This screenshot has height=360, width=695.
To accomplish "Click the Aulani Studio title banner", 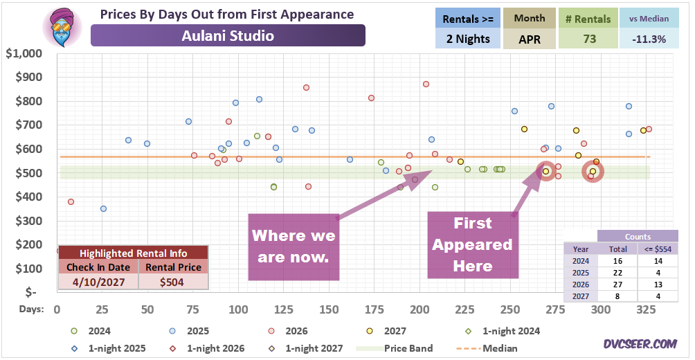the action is (228, 35).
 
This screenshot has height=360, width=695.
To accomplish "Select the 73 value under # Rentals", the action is (588, 39).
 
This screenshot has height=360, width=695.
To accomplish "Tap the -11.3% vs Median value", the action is (649, 39).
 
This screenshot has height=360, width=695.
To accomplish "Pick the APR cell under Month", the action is (530, 39).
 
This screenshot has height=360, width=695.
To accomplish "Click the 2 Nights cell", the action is (468, 39).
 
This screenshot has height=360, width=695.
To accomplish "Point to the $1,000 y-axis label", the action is (30, 53).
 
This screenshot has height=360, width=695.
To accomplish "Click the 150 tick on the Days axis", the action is (329, 309).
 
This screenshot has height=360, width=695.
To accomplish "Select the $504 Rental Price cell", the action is (173, 282).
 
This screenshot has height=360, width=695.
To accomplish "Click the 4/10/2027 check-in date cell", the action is (98, 282).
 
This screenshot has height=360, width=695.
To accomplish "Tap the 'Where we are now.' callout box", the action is (294, 246).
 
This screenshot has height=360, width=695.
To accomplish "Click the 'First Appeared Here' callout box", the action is (473, 244).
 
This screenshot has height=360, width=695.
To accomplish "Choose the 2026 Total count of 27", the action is (618, 285).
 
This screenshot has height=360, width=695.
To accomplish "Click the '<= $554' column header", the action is (658, 249).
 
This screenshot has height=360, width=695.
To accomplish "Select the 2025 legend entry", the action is (188, 331).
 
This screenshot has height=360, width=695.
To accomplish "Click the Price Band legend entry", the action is (395, 348).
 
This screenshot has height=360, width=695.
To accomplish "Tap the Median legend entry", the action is (487, 348).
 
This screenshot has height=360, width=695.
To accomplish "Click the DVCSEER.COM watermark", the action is (640, 343).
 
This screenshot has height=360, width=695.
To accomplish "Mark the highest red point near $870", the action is (426, 84).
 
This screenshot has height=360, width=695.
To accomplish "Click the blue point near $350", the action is (103, 208).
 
